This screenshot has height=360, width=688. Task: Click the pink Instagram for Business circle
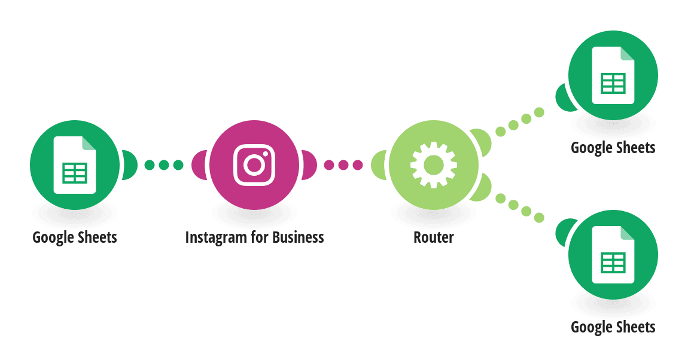pos(254,165)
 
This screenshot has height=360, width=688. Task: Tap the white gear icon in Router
pos(434,165)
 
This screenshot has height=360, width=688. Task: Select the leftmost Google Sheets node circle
pos(75,165)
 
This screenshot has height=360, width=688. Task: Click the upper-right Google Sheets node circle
pos(613,75)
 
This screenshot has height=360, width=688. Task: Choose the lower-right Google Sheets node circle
pos(613,255)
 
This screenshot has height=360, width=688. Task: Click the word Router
pos(434,237)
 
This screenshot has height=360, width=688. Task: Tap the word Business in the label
pos(298,237)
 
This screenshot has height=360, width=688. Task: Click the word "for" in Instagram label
pos(259,237)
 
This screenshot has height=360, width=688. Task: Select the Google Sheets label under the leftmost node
pos(75,238)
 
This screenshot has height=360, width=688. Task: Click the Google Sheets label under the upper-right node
pos(613,148)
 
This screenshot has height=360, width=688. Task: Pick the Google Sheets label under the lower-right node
pos(613,328)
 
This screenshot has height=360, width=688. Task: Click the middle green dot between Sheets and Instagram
pos(164,165)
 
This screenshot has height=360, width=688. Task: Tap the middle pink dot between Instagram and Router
pos(343,165)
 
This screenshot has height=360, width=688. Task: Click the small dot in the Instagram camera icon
pos(265,154)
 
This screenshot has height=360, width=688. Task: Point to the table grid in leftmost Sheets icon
pos(75,173)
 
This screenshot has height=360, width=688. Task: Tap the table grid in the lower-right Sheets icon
pos(613,263)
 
